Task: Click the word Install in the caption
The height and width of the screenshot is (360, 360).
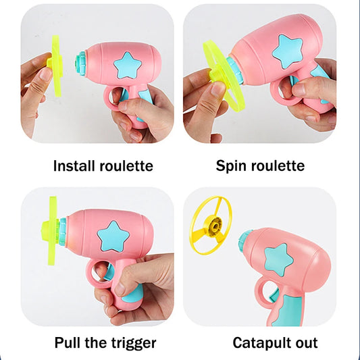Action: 74,165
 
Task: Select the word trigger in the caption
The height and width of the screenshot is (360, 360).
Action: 134,344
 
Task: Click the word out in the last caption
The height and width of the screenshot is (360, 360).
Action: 307,343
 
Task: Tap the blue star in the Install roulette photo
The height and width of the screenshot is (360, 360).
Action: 128,66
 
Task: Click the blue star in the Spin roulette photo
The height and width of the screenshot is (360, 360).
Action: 288,51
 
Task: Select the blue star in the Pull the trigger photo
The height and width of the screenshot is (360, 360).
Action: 113,236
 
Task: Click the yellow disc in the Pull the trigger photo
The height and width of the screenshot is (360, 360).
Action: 52,230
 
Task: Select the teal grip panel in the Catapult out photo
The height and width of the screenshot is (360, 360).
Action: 288,310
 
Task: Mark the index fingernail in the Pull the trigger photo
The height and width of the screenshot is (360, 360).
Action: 120,289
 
